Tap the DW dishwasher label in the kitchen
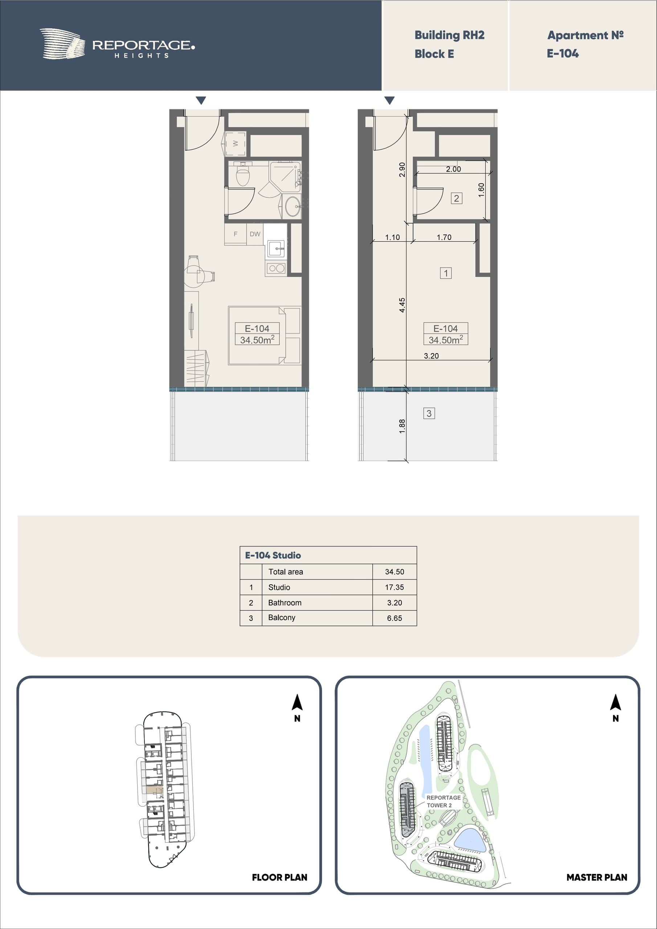[x=255, y=234]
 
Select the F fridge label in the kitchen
[x=236, y=234]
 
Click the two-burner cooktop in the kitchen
[x=276, y=268]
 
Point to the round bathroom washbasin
[x=292, y=206]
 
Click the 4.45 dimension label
[x=402, y=305]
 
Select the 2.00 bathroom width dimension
[x=453, y=169]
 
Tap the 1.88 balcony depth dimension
[x=402, y=426]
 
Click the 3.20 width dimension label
[x=431, y=356]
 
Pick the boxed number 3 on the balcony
[x=429, y=413]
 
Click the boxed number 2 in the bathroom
[x=457, y=198]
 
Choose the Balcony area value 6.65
[x=394, y=618]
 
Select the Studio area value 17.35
[x=394, y=587]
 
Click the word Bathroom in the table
[x=285, y=602]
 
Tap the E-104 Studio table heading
[x=273, y=555]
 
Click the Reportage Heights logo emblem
[x=62, y=44]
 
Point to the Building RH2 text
[x=449, y=35]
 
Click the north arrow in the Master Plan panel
[x=615, y=703]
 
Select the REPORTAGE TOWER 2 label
[x=443, y=801]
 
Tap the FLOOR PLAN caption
[x=279, y=877]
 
